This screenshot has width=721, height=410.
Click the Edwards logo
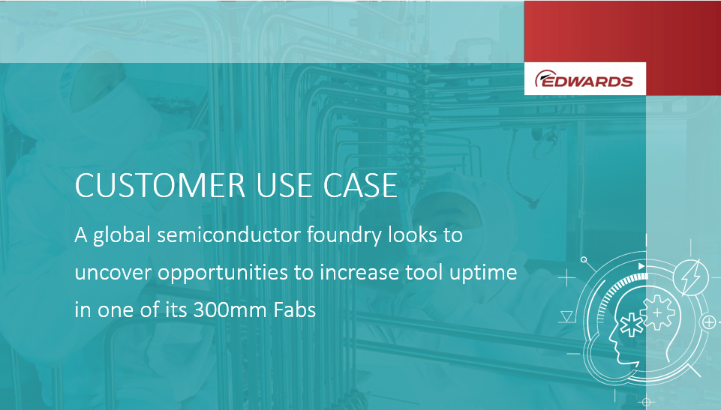pyautogui.click(x=584, y=79)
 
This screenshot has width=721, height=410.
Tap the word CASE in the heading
pyautogui.click(x=360, y=185)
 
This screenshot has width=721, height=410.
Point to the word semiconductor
pyautogui.click(x=229, y=235)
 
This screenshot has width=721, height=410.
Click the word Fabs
pyautogui.click(x=295, y=310)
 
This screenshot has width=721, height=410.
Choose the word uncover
pyautogui.click(x=113, y=273)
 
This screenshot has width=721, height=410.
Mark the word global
pyautogui.click(x=122, y=236)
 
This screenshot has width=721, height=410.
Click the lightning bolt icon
pyautogui.click(x=691, y=277)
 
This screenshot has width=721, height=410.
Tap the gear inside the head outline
pyautogui.click(x=657, y=313)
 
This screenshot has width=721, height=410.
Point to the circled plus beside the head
pyautogui.click(x=710, y=322)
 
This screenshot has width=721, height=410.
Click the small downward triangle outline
pyautogui.click(x=566, y=316)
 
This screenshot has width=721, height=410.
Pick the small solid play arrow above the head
pyautogui.click(x=641, y=266)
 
